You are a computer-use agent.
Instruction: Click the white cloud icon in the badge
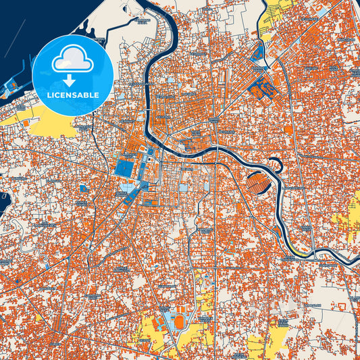72,59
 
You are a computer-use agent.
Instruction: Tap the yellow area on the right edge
355,216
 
